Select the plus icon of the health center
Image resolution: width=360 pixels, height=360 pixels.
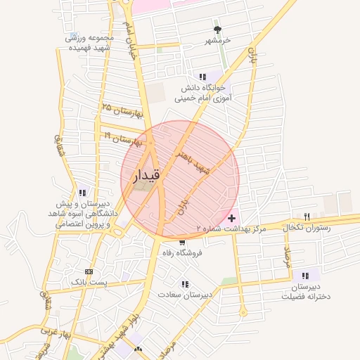pyautogui.click(x=232, y=219)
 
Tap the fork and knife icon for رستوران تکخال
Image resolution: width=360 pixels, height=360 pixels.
pyautogui.click(x=307, y=217)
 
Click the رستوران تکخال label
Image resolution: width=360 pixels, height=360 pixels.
pyautogui.click(x=310, y=229)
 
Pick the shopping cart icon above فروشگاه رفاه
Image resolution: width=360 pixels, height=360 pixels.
pyautogui.click(x=182, y=242)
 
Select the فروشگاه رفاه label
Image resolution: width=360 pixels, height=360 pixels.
pyautogui.click(x=182, y=252)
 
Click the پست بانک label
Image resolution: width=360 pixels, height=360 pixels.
pyautogui.click(x=88, y=282)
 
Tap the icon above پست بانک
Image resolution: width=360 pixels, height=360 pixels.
pyautogui.click(x=88, y=271)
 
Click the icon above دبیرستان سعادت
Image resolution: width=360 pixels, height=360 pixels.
pyautogui.click(x=185, y=283)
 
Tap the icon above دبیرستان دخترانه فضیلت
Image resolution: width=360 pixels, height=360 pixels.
pyautogui.click(x=305, y=275)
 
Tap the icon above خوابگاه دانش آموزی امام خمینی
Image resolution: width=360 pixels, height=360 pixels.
pyautogui.click(x=202, y=77)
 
